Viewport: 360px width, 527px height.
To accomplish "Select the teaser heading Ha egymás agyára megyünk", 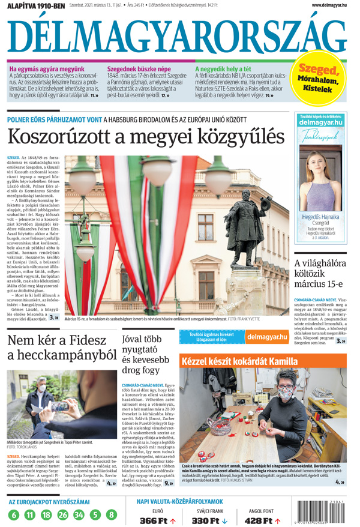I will (x=47, y=69).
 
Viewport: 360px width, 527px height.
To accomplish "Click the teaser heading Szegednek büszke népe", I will (x=139, y=69).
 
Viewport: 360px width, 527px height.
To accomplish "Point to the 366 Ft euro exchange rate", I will (x=153, y=520).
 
